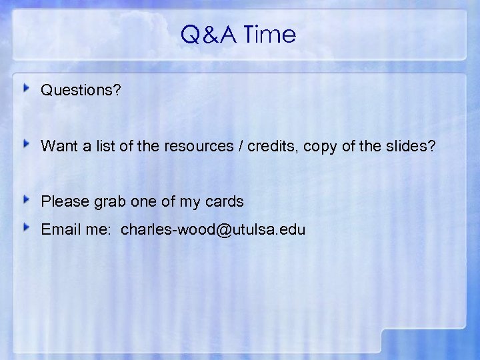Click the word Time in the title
(270, 35)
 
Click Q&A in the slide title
(209, 35)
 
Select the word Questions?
(81, 90)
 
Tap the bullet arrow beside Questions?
(27, 88)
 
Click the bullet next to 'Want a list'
(27, 144)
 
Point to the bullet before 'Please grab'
(27, 199)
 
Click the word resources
(195, 146)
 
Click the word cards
(225, 201)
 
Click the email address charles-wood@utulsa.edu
(213, 231)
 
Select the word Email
(59, 231)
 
